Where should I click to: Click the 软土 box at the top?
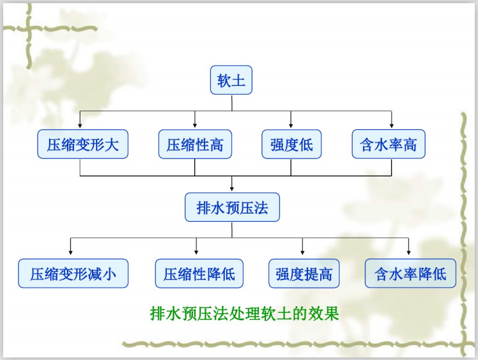click(x=231, y=81)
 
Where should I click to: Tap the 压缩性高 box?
click(x=195, y=145)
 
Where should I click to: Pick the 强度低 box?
click(x=291, y=145)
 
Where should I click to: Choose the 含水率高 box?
click(x=389, y=145)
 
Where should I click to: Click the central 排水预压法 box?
click(x=232, y=208)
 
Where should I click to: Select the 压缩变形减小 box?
click(x=73, y=274)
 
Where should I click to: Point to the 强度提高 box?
click(x=304, y=274)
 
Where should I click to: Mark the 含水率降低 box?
click(x=410, y=274)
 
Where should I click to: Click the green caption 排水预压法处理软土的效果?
click(x=243, y=313)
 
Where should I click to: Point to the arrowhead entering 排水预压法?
click(x=232, y=188)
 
